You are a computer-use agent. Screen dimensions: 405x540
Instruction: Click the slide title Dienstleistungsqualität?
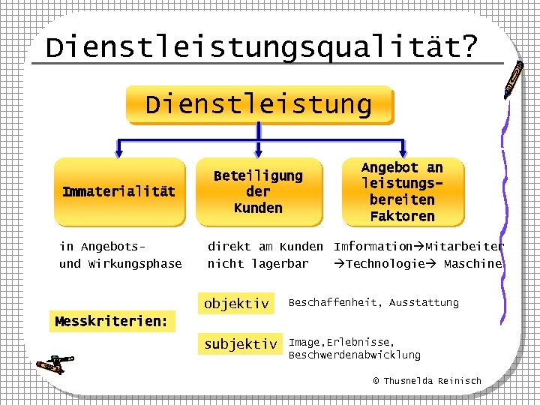tap(261, 47)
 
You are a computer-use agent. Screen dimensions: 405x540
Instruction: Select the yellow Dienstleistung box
tap(259, 104)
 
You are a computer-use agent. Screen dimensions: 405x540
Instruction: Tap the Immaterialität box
tap(119, 192)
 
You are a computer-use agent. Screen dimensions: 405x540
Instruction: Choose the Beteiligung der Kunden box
tap(258, 192)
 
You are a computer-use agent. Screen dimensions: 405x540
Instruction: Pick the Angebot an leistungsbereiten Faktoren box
tap(403, 192)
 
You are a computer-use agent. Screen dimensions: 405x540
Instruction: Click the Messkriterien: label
tap(112, 322)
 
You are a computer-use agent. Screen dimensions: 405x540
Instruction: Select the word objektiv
tap(236, 304)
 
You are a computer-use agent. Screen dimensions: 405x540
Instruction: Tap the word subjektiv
tap(241, 344)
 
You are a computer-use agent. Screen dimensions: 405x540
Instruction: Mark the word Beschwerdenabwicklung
tap(355, 355)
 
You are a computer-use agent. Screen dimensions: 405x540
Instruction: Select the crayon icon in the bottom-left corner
tap(54, 364)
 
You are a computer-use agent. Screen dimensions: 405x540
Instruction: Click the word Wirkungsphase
tap(135, 264)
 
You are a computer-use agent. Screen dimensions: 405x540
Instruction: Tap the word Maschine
tap(472, 264)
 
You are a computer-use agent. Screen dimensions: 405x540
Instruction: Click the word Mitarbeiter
tap(465, 246)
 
